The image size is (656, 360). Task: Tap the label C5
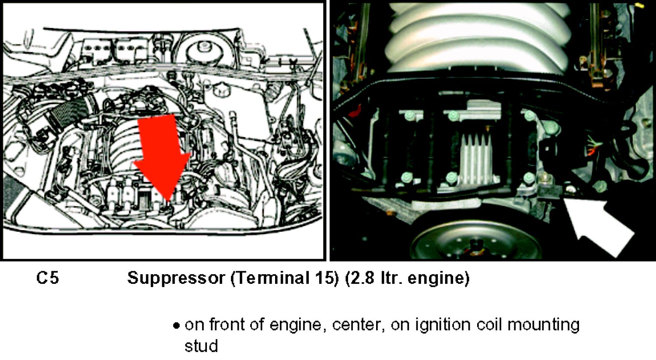[48, 278]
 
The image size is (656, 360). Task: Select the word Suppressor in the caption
[176, 279]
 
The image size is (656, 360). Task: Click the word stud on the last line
[201, 346]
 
